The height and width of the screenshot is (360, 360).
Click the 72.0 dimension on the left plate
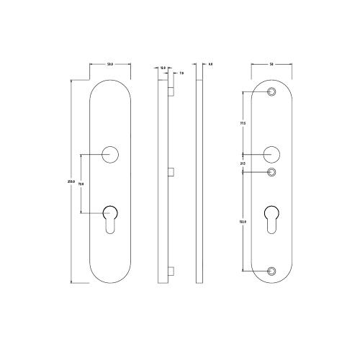(x=81, y=184)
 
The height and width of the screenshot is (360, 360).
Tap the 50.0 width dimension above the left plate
(x=110, y=66)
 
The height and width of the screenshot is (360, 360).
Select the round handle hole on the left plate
(x=110, y=153)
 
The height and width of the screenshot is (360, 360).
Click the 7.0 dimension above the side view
(x=181, y=73)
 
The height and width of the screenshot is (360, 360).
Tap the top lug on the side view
(x=171, y=92)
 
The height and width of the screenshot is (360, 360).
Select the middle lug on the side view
(x=171, y=171)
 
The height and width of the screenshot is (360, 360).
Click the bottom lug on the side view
(x=171, y=271)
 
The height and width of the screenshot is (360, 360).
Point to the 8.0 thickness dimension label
(x=210, y=66)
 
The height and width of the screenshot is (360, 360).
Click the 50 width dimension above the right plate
(x=271, y=66)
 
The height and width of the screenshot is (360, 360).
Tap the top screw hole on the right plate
(x=271, y=92)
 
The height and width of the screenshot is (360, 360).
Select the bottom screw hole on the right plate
(x=271, y=271)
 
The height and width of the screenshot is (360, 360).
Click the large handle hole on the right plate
(x=271, y=154)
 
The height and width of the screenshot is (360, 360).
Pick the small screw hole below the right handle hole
(x=271, y=172)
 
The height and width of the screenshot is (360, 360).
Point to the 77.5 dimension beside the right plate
(x=243, y=123)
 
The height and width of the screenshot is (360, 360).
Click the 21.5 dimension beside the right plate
(x=243, y=163)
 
